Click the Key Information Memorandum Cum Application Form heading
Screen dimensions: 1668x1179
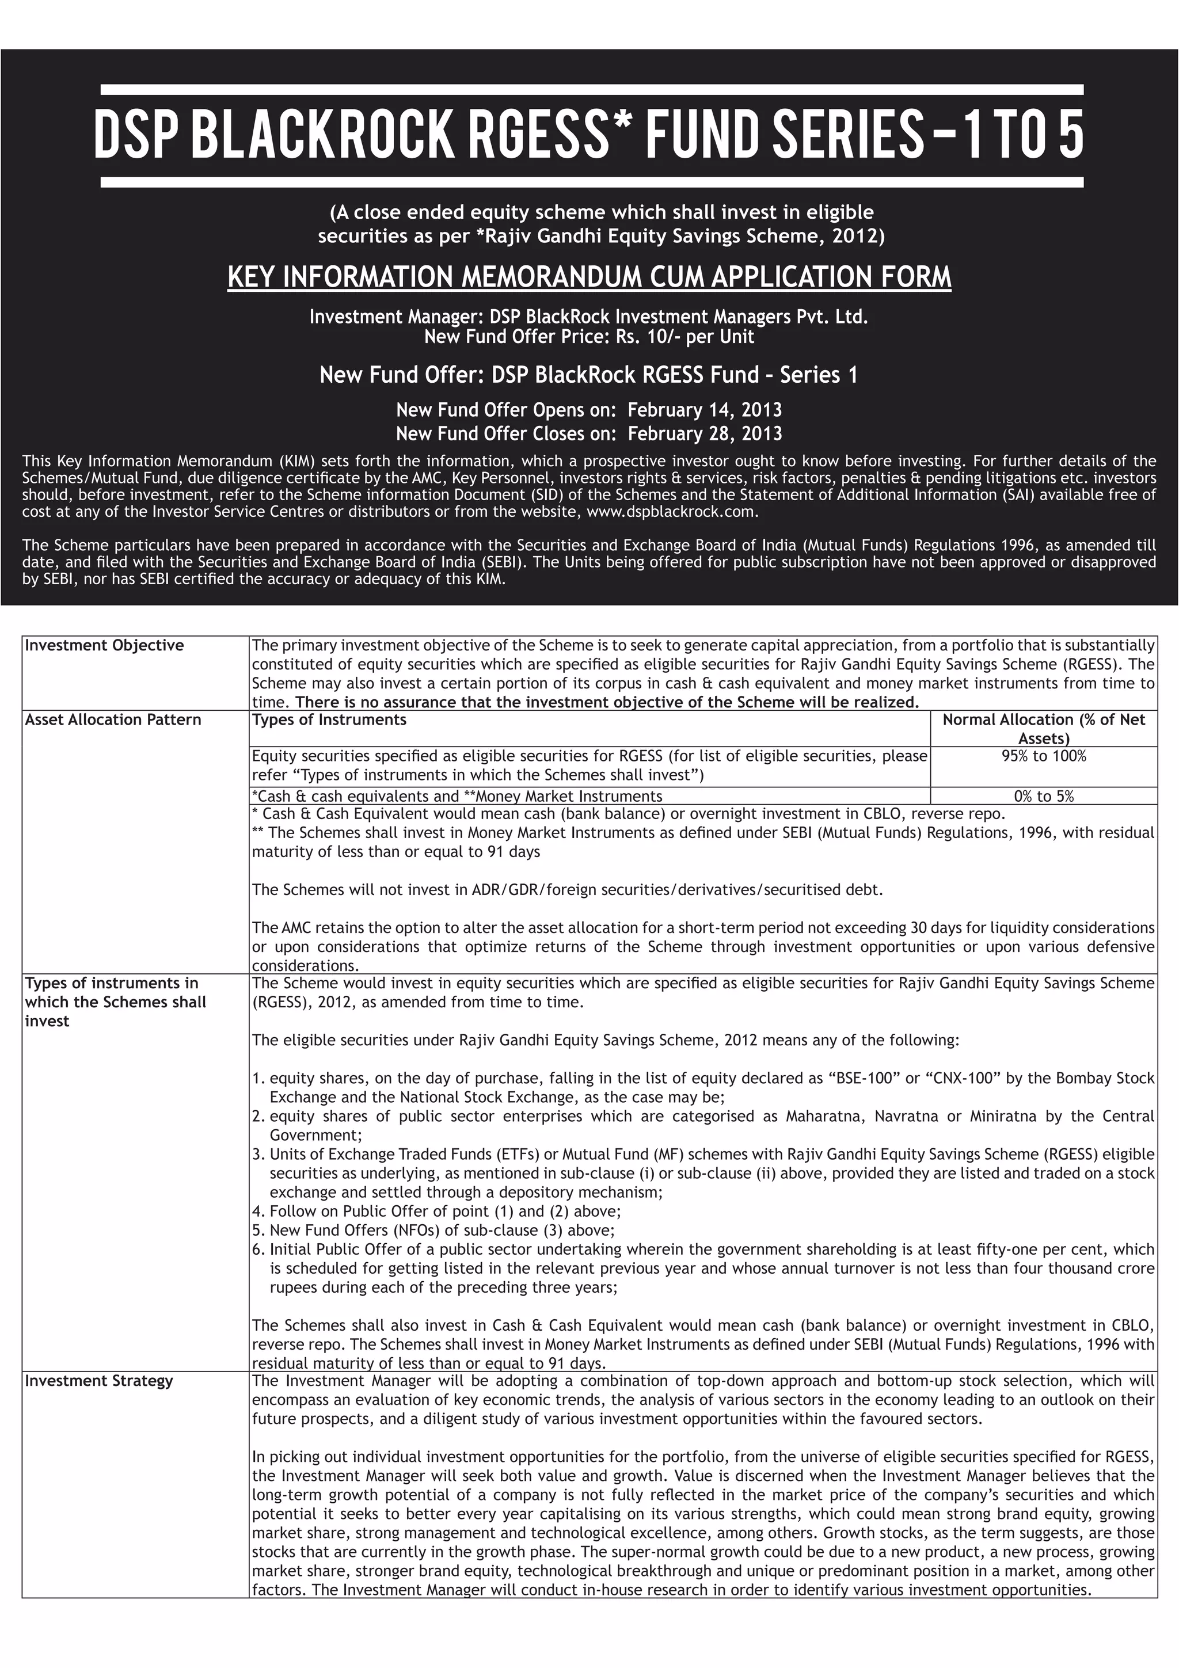coord(589,277)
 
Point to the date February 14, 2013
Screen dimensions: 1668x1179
coord(705,410)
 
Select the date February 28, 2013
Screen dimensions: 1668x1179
coord(705,434)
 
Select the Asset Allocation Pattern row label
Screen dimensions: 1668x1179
coord(113,719)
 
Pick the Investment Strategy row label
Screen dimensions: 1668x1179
coord(99,1380)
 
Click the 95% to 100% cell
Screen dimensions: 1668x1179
coord(1043,756)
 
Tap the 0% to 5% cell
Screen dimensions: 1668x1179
coord(1043,795)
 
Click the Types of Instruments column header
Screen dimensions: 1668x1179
coord(329,719)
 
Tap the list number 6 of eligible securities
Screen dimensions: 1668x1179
coord(258,1249)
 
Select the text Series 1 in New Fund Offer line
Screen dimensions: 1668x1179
coord(819,375)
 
